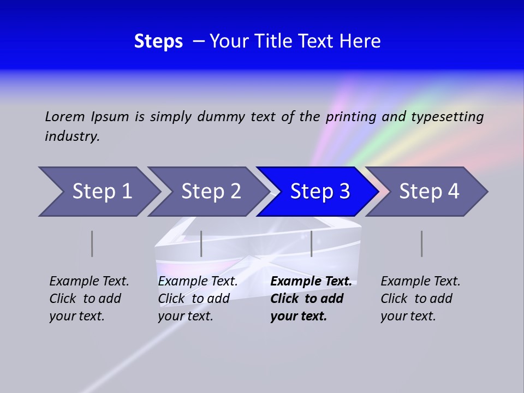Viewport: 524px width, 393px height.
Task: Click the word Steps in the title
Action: tap(158, 41)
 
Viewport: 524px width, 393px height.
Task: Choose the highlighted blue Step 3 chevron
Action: tap(320, 192)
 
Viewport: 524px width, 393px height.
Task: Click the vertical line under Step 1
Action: tap(92, 243)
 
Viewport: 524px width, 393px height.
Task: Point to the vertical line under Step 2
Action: tap(201, 243)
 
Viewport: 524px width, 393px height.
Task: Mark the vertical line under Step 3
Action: tap(312, 243)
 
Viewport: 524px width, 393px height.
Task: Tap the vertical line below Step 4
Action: tap(422, 243)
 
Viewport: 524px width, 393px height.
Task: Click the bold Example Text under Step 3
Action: tap(311, 299)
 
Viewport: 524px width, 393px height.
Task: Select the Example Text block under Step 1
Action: tap(89, 299)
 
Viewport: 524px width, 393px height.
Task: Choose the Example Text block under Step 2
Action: tap(198, 299)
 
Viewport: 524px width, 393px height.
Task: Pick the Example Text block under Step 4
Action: tap(420, 299)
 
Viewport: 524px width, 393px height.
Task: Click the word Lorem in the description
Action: tap(65, 117)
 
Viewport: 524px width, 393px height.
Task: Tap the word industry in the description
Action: tap(72, 136)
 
